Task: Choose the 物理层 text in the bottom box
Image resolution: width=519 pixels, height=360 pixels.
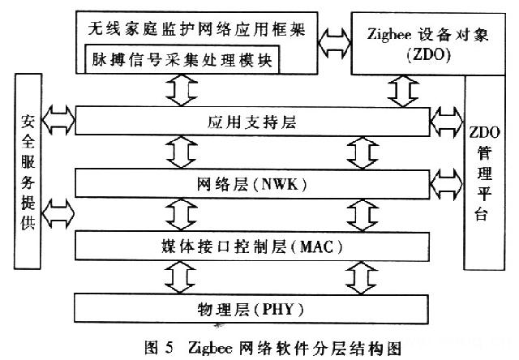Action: pos(213,309)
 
